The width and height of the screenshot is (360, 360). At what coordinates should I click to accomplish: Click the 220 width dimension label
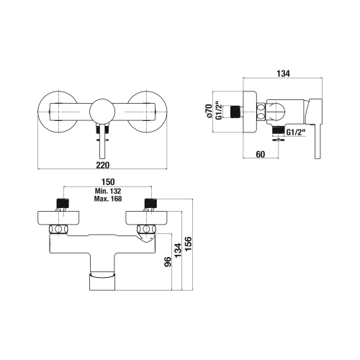[103, 165]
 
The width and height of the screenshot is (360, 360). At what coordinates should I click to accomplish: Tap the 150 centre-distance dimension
[108, 182]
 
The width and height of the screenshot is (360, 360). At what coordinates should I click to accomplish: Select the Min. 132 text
[108, 192]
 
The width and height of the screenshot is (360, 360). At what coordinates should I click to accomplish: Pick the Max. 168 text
[108, 199]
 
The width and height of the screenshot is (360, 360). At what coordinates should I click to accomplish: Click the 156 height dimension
[189, 243]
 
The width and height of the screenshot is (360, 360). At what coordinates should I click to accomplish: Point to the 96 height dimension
[168, 261]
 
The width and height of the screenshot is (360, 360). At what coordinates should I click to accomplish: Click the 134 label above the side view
[283, 73]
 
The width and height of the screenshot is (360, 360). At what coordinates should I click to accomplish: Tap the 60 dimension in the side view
[261, 154]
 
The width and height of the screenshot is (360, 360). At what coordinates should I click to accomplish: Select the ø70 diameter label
[209, 111]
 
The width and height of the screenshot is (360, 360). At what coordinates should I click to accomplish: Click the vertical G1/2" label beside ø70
[218, 111]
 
